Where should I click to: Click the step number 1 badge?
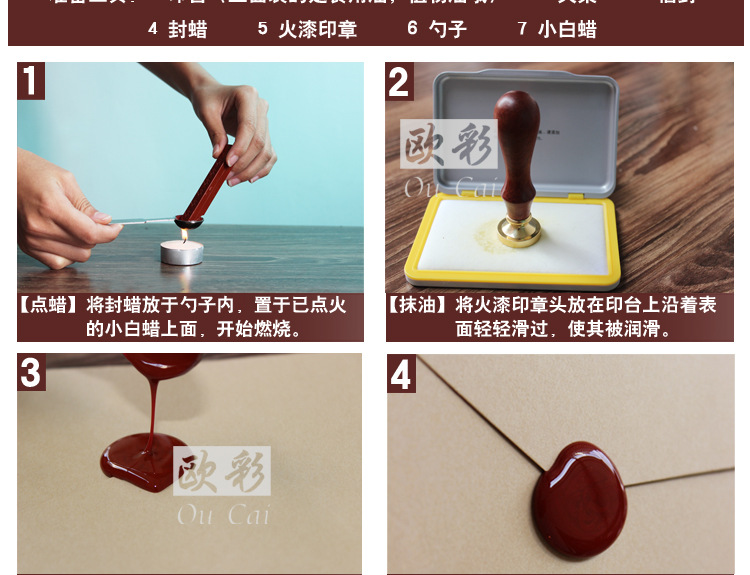click(x=31, y=81)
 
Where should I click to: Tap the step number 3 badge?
click(x=31, y=372)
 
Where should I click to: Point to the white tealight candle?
click(x=181, y=251)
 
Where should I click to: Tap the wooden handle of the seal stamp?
click(x=518, y=145)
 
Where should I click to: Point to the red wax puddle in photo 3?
click(x=140, y=464)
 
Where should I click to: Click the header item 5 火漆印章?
click(x=307, y=29)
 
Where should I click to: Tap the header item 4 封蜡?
click(x=178, y=29)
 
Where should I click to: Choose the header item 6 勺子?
click(x=437, y=29)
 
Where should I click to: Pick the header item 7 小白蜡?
click(x=557, y=29)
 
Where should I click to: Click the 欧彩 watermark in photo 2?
click(x=449, y=148)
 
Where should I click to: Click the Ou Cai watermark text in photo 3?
click(x=222, y=515)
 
